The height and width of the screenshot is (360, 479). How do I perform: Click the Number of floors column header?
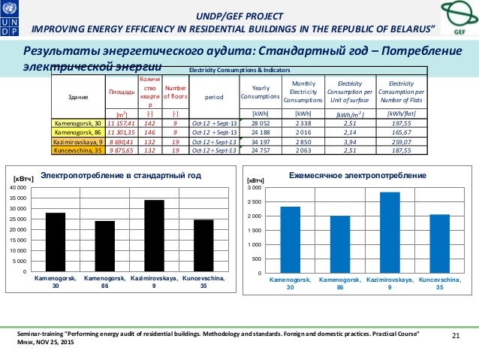(174, 92)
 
